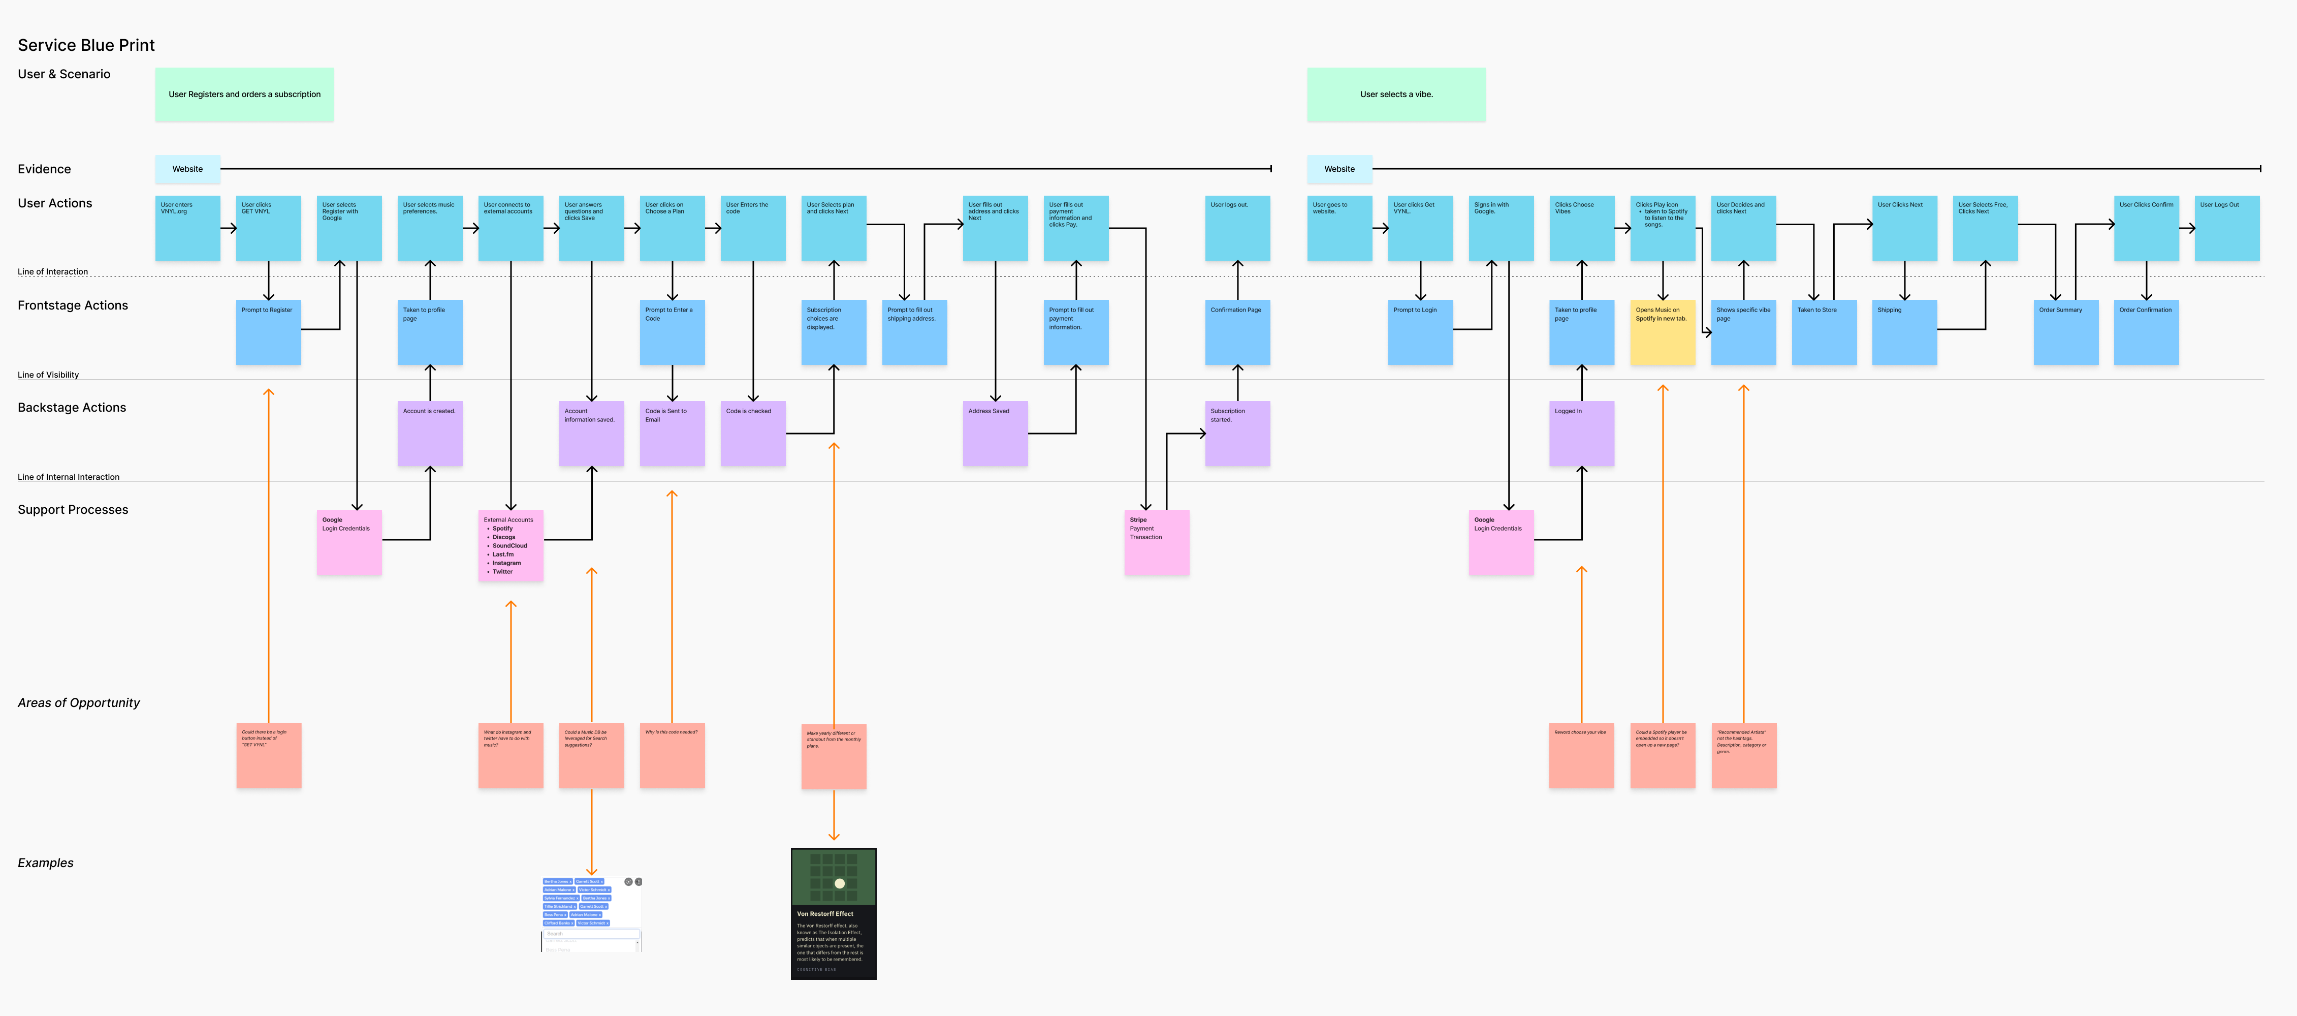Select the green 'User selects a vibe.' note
pos(1395,95)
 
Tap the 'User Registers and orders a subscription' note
pos(244,95)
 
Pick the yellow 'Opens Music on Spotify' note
pos(1662,332)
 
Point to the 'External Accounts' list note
pos(510,545)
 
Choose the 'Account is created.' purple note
pos(430,434)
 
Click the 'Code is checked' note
pos(753,434)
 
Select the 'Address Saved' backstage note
pos(995,434)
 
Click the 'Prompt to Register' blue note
pos(268,332)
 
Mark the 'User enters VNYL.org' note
pos(187,228)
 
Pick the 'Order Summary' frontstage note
pos(2065,332)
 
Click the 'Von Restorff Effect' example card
pos(833,913)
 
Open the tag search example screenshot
pos(591,914)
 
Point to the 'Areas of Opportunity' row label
pos(78,703)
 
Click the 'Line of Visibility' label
pos(48,375)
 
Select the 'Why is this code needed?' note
pos(673,756)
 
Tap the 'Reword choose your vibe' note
pos(1581,756)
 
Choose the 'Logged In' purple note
pos(1581,434)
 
